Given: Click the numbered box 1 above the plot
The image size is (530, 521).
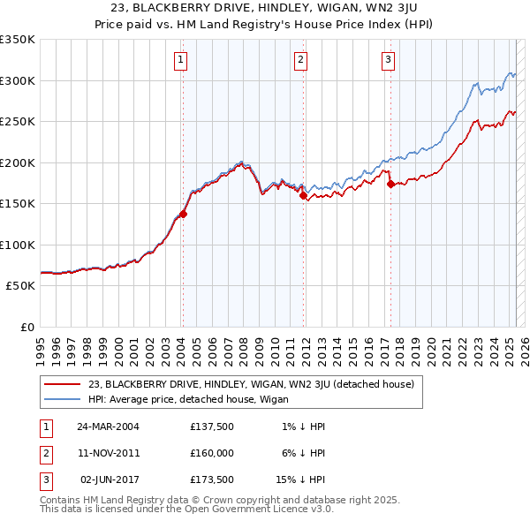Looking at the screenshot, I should [180, 60].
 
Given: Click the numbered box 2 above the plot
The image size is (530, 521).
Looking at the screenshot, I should [300, 60].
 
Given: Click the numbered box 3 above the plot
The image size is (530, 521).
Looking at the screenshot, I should [388, 60].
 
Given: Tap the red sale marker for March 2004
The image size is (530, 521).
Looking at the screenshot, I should [184, 214].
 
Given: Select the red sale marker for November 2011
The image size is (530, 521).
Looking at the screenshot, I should [303, 196].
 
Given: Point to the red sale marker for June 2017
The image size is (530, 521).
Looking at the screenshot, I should [390, 184].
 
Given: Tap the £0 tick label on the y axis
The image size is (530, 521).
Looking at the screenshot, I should [26, 327].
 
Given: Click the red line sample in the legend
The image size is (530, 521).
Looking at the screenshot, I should [63, 384].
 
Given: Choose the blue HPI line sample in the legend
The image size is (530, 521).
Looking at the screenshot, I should [63, 398].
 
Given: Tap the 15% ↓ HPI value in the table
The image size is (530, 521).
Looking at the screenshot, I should [300, 480].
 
